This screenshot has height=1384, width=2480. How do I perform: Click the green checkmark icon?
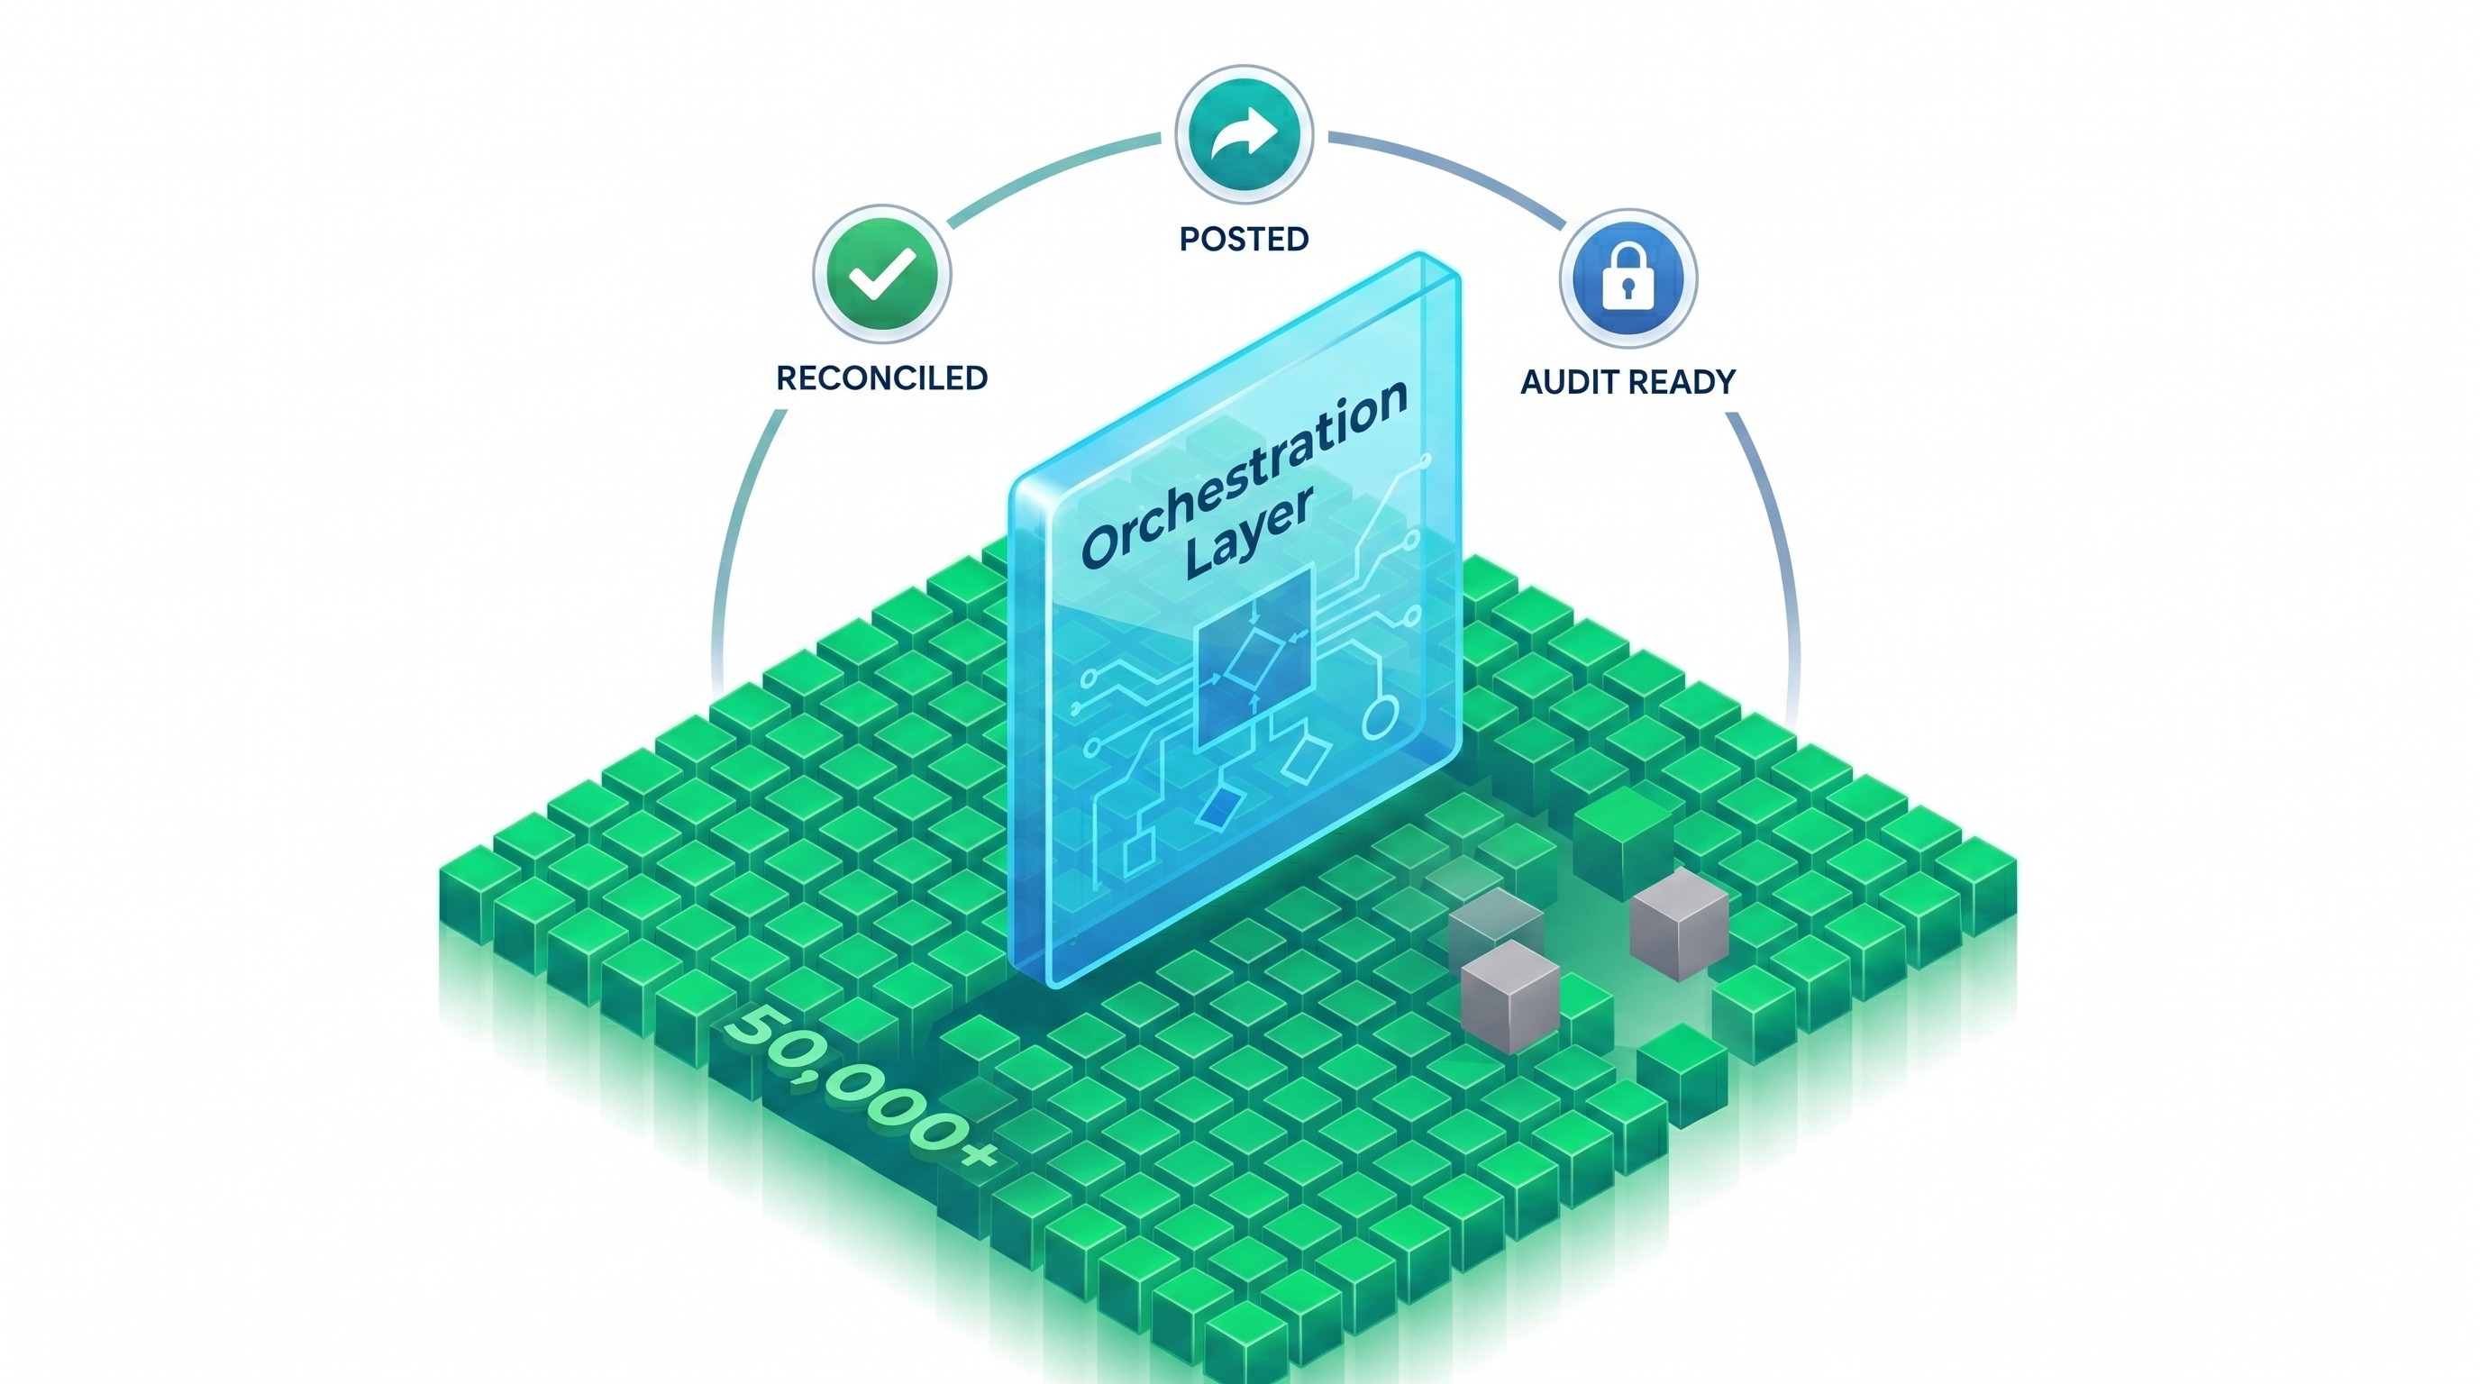click(x=882, y=273)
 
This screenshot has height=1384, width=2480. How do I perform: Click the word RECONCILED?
click(x=882, y=378)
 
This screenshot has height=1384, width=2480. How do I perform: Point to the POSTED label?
click(x=1244, y=239)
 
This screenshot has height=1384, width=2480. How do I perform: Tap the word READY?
click(x=1686, y=382)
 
